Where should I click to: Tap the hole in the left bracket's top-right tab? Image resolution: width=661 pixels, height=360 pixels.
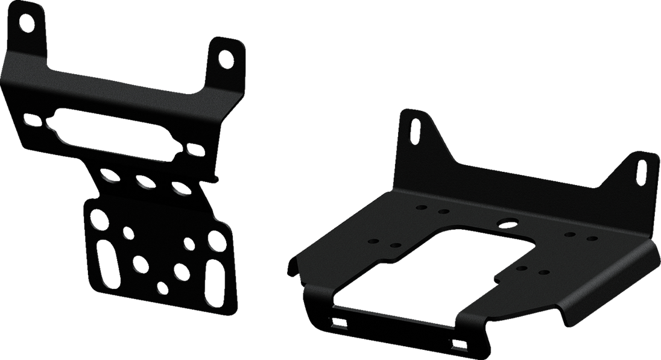coord(224,59)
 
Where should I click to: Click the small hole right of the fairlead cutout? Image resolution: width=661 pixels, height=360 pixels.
coord(192,148)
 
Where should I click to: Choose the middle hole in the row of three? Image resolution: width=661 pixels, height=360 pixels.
coord(144,182)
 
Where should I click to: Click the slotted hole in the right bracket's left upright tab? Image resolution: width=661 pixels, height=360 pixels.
coord(416,129)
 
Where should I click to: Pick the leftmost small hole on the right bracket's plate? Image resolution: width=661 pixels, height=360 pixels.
coord(373,241)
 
